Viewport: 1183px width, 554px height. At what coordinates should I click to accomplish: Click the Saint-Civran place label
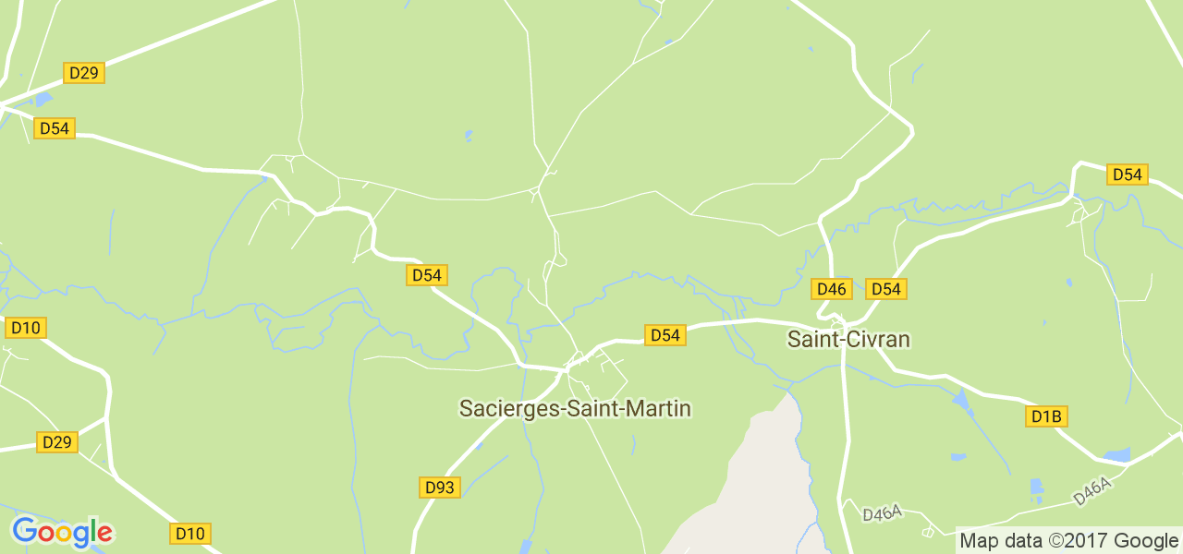pyautogui.click(x=848, y=339)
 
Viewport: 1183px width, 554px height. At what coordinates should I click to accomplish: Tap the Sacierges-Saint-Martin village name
pyautogui.click(x=575, y=408)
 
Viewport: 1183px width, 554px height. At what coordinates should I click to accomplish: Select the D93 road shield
pyautogui.click(x=440, y=487)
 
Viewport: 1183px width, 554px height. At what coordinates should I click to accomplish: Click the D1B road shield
pyautogui.click(x=1046, y=416)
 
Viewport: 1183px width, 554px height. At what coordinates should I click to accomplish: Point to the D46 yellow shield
pyautogui.click(x=831, y=289)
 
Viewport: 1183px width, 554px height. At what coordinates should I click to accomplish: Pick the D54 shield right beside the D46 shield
pyautogui.click(x=885, y=289)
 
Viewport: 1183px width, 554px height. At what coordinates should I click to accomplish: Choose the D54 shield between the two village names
pyautogui.click(x=665, y=335)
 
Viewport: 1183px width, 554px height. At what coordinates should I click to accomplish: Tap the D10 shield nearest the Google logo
pyautogui.click(x=190, y=533)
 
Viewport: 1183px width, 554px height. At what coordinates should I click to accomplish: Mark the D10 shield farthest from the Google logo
pyautogui.click(x=26, y=328)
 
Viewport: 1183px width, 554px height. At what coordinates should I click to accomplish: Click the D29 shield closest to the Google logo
pyautogui.click(x=56, y=442)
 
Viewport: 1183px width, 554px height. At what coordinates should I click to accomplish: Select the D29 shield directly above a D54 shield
pyautogui.click(x=83, y=73)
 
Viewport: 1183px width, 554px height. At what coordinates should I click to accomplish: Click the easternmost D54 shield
pyautogui.click(x=1127, y=175)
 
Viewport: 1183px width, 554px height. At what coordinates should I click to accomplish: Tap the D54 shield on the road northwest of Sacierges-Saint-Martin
pyautogui.click(x=427, y=275)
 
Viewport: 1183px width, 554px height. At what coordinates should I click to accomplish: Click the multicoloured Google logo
pyautogui.click(x=62, y=532)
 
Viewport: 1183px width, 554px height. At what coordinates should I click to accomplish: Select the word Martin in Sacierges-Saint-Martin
pyautogui.click(x=659, y=408)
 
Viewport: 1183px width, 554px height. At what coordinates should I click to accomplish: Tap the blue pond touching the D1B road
pyautogui.click(x=1116, y=454)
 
